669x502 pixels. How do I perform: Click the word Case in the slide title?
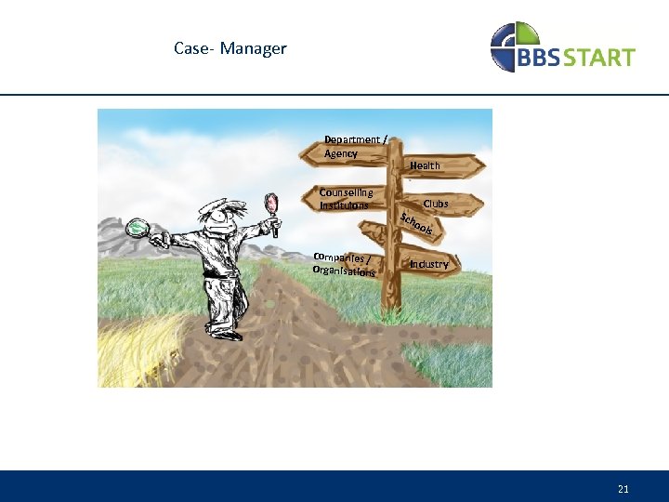point(191,48)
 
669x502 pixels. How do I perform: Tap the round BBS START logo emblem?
point(514,47)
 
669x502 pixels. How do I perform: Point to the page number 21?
point(623,488)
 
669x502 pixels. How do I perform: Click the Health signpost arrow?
point(437,165)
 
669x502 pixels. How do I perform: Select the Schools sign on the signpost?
point(417,224)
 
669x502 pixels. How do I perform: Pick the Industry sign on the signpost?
point(432,264)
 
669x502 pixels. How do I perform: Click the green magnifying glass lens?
point(138,226)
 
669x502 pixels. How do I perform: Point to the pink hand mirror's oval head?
point(271,202)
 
